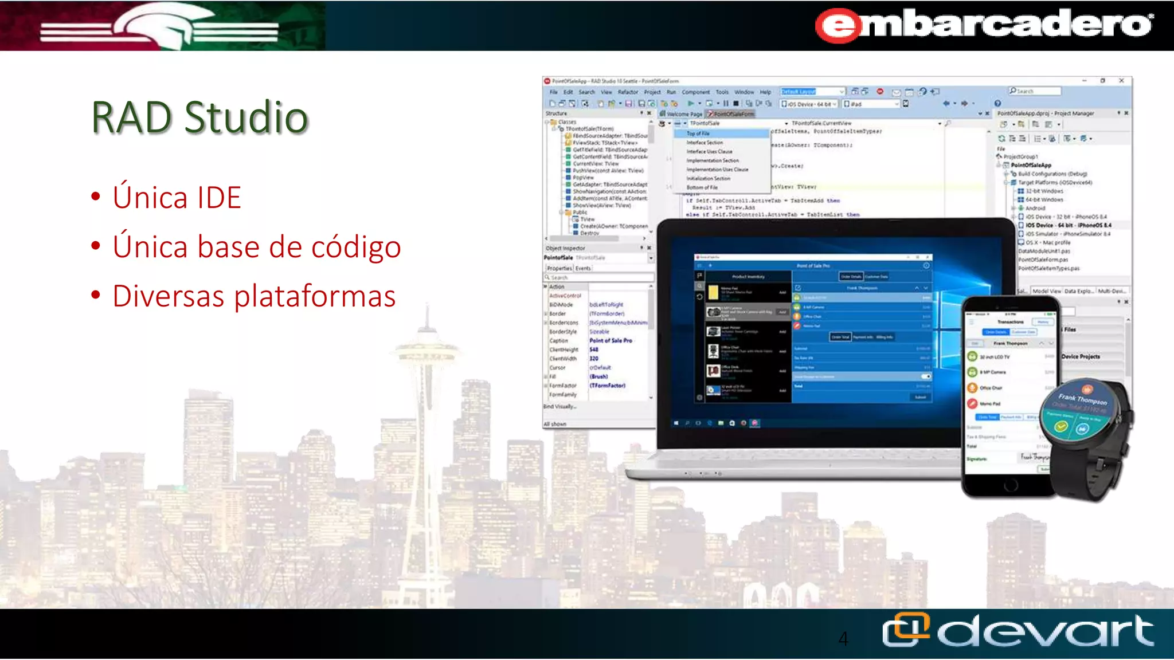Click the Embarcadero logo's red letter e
click(839, 26)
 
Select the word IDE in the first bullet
click(218, 198)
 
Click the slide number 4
click(843, 638)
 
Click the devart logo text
click(1046, 631)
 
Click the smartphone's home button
click(1010, 486)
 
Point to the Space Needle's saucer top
click(427, 349)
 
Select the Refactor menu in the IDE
click(628, 92)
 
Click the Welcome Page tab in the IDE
click(684, 114)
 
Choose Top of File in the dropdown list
click(698, 133)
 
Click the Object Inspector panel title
click(566, 249)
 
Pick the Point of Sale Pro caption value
click(611, 341)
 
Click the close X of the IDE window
click(1121, 81)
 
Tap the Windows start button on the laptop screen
click(676, 423)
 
